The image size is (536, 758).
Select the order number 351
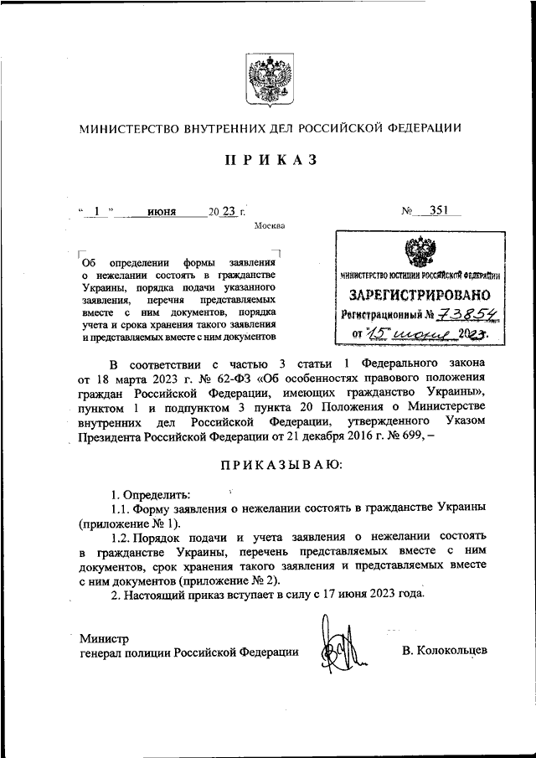pyautogui.click(x=434, y=212)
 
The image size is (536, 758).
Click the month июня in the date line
pyautogui.click(x=162, y=213)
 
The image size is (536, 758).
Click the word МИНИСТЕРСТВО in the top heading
pyautogui.click(x=131, y=129)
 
